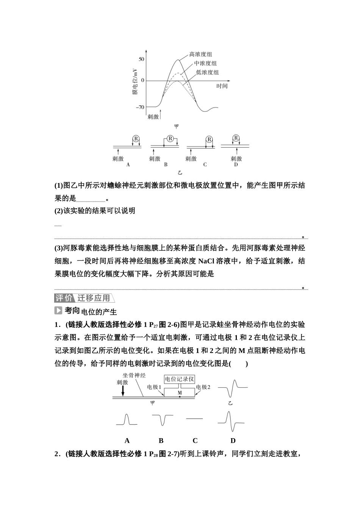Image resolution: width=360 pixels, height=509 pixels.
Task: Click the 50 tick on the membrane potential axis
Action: coord(141,59)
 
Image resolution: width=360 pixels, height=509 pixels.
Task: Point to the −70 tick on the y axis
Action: coord(140,107)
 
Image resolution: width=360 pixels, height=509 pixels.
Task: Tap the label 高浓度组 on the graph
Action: coord(200,55)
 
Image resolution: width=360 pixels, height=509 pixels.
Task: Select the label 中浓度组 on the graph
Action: coord(205,63)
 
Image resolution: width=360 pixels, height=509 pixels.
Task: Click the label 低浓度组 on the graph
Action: coord(207,72)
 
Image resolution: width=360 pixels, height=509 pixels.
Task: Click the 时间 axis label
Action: coord(222,86)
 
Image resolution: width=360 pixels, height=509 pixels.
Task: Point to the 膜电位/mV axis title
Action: coord(135,81)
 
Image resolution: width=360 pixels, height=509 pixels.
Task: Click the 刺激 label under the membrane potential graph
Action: coord(153,117)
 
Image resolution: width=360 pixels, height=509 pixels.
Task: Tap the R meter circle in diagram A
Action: coord(136,138)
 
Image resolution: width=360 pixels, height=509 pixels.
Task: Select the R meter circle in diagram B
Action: coord(170,139)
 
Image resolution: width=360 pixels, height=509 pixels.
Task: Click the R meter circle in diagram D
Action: coord(236,138)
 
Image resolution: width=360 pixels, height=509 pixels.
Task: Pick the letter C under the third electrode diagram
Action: coord(205,165)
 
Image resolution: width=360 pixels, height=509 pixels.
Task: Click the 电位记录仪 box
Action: coord(180,379)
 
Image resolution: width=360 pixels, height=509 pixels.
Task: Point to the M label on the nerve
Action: coord(180,393)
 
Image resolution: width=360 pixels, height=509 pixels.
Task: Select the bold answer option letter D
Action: coord(233,440)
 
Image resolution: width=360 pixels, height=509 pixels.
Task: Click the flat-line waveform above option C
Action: coord(195,418)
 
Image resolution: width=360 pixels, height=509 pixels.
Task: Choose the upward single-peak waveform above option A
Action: coord(127,420)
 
